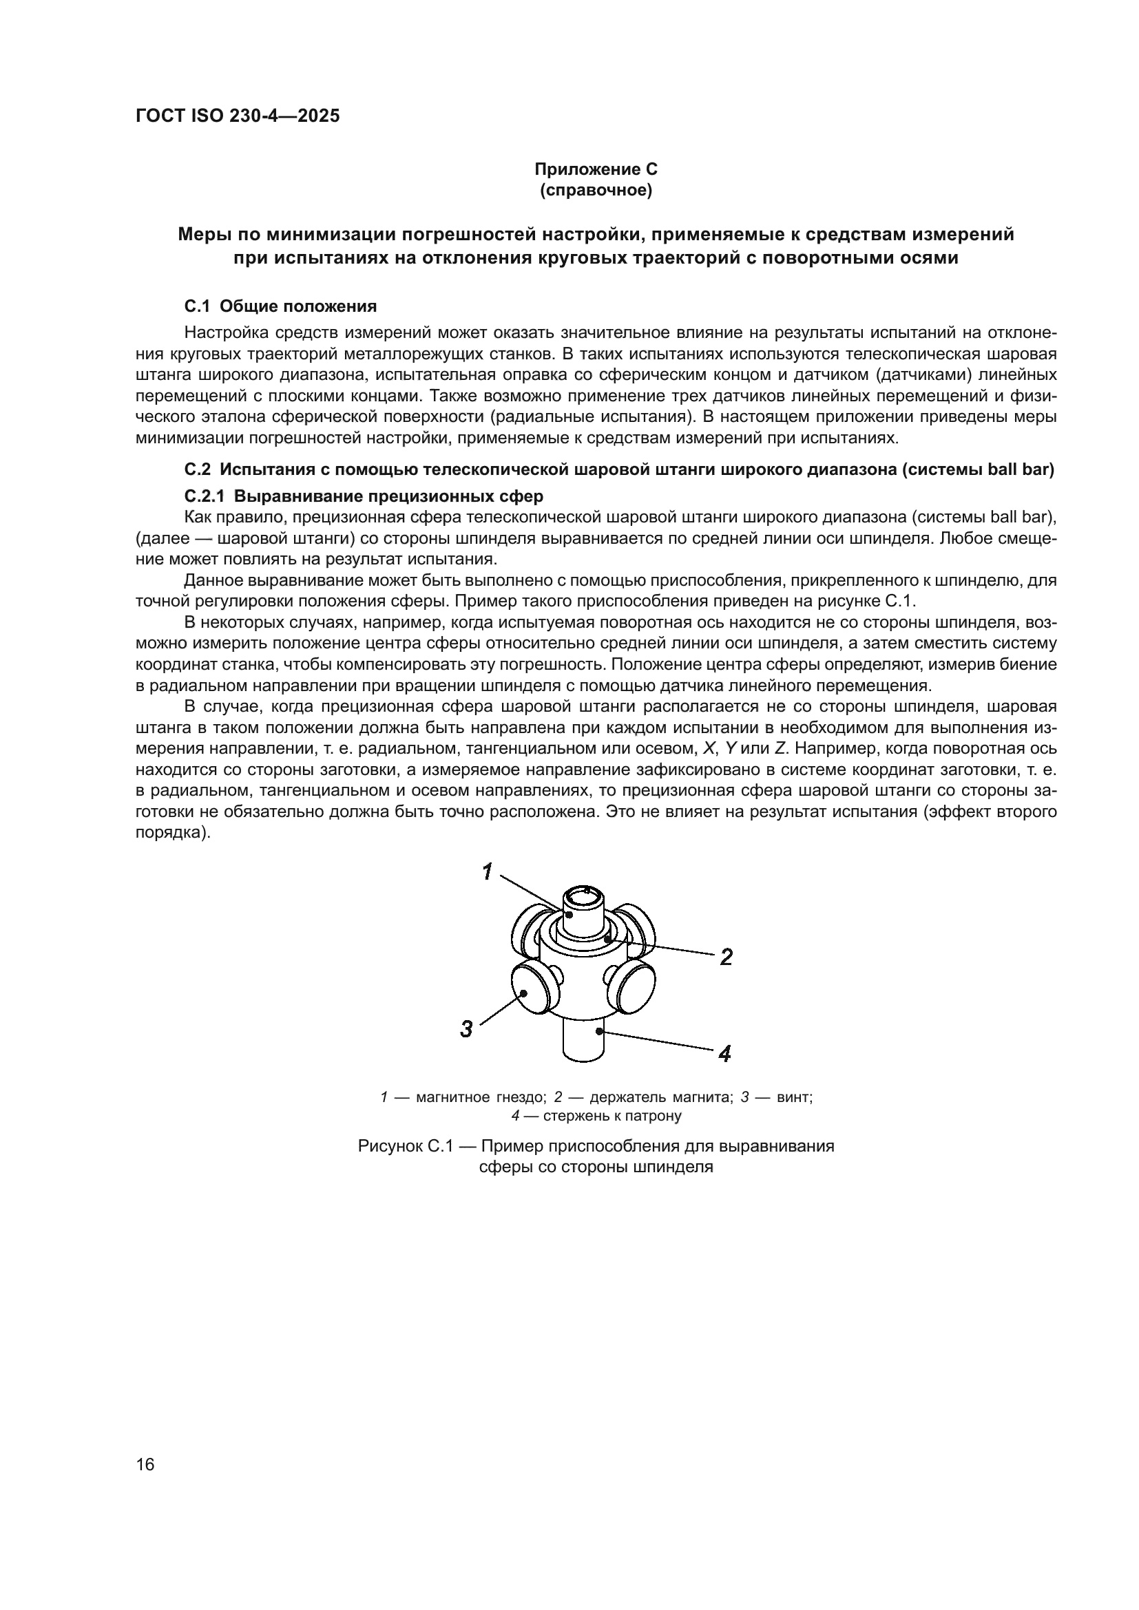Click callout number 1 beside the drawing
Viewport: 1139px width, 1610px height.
pyautogui.click(x=488, y=871)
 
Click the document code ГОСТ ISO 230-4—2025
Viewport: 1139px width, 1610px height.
pyautogui.click(x=237, y=116)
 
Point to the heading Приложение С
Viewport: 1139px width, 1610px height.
pyautogui.click(x=596, y=169)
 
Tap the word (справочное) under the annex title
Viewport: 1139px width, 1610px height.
pyautogui.click(x=596, y=191)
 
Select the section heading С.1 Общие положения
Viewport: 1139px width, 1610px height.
pyautogui.click(x=280, y=306)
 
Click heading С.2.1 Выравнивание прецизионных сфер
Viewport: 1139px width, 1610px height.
pyautogui.click(x=364, y=496)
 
